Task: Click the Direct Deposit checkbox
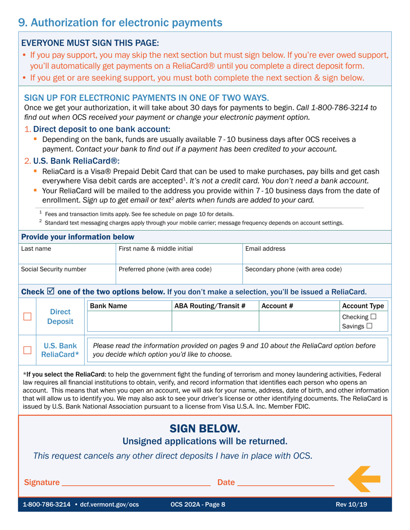tap(28, 317)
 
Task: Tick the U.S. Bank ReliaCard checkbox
tap(28, 350)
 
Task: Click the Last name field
tap(67, 257)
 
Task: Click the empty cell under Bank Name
tap(129, 321)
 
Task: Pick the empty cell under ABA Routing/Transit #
tap(215, 321)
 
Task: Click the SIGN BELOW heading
tap(205, 428)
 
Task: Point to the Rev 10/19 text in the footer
tap(351, 505)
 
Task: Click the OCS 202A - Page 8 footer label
tap(198, 505)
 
